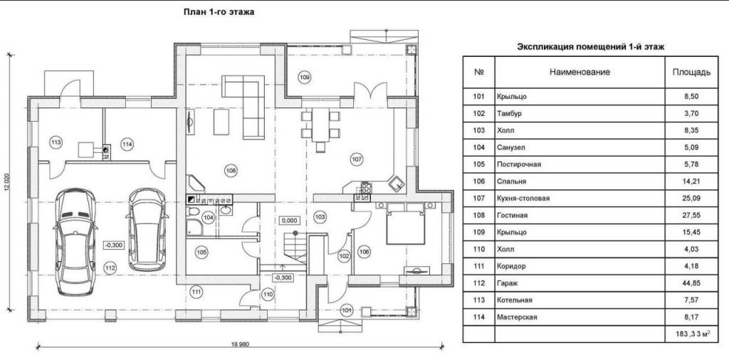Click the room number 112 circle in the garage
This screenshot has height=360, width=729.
tap(110, 268)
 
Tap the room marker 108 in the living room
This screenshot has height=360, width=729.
tap(231, 171)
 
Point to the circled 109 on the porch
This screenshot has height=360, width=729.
tap(305, 77)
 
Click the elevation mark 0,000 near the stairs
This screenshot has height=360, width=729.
tap(289, 221)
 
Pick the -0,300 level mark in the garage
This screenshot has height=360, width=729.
tap(113, 245)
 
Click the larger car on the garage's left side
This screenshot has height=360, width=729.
tap(75, 242)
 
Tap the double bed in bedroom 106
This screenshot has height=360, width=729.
tap(405, 223)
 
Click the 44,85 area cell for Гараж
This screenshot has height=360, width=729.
tap(691, 283)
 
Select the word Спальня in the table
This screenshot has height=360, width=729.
tap(511, 181)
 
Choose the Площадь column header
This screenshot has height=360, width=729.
tap(691, 73)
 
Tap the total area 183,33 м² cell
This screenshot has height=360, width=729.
tap(691, 334)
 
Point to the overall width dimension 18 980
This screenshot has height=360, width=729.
tap(241, 344)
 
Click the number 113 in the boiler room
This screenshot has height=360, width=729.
tap(56, 142)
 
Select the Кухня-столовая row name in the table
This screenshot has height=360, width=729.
tap(523, 198)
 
